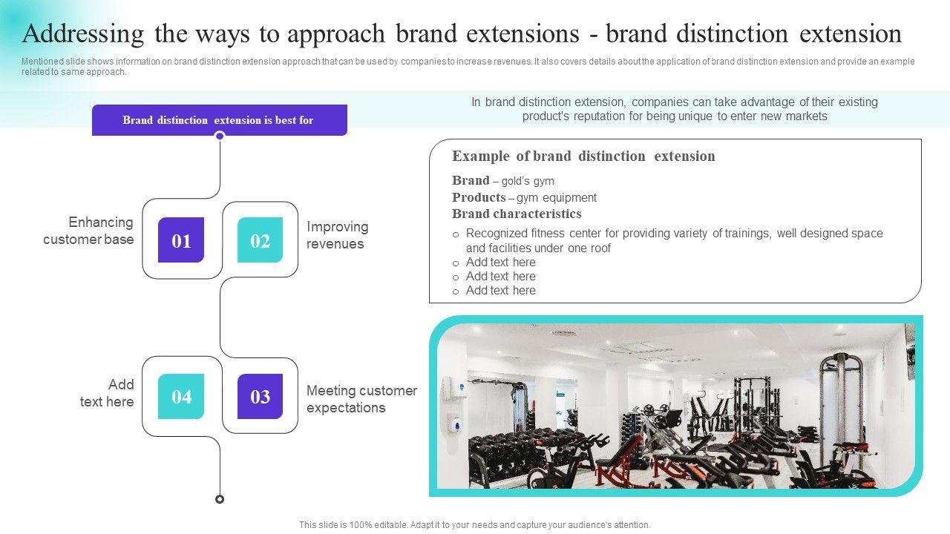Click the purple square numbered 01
tap(181, 240)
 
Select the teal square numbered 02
tap(260, 240)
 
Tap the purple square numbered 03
tap(260, 397)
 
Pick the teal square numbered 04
tap(181, 397)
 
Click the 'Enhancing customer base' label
tap(88, 231)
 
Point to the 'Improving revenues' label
tap(337, 235)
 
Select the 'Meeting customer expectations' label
tap(361, 399)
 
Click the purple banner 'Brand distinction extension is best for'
tap(219, 120)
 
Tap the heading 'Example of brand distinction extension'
tap(583, 156)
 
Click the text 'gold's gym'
tap(528, 181)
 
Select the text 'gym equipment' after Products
tap(557, 198)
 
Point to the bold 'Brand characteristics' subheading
tap(517, 214)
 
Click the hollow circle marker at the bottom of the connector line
tap(220, 499)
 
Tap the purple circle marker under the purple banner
tap(220, 136)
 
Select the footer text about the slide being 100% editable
tap(474, 525)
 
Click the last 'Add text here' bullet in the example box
tap(500, 291)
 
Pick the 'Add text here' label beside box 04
tap(108, 393)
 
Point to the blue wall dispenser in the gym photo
tap(456, 424)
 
